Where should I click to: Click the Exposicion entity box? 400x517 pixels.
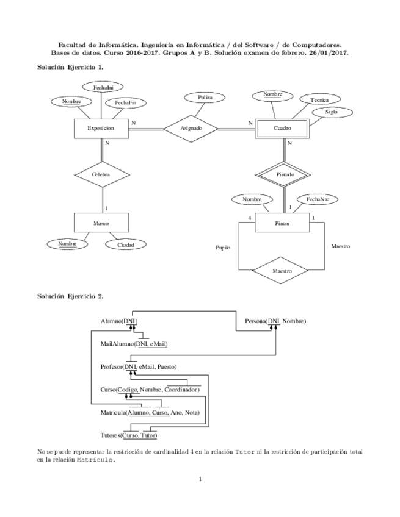click(x=101, y=129)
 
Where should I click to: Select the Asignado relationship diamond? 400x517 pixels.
click(x=191, y=129)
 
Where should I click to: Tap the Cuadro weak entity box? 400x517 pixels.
click(x=282, y=129)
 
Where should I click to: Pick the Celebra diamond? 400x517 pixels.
click(x=101, y=174)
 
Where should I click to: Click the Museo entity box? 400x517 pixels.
click(x=101, y=223)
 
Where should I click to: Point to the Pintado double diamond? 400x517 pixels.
click(x=285, y=174)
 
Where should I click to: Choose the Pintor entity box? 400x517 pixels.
click(x=282, y=223)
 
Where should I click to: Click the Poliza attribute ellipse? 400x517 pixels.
click(x=205, y=98)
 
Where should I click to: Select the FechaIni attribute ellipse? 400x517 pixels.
click(x=103, y=88)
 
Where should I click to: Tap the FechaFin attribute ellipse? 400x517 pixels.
click(x=126, y=103)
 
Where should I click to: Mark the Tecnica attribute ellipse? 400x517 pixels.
click(x=319, y=99)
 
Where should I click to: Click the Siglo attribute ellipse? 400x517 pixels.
click(x=331, y=112)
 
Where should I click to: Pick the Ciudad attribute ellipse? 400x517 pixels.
click(x=126, y=244)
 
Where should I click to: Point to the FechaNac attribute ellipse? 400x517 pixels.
click(x=318, y=199)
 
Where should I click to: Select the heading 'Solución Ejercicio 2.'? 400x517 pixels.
click(x=70, y=296)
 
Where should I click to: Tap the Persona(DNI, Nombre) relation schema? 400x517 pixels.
click(x=275, y=321)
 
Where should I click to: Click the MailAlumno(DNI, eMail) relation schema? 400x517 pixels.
click(x=134, y=344)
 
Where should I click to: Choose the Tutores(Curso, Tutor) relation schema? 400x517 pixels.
click(x=129, y=436)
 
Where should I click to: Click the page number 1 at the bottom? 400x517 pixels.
click(x=200, y=479)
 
